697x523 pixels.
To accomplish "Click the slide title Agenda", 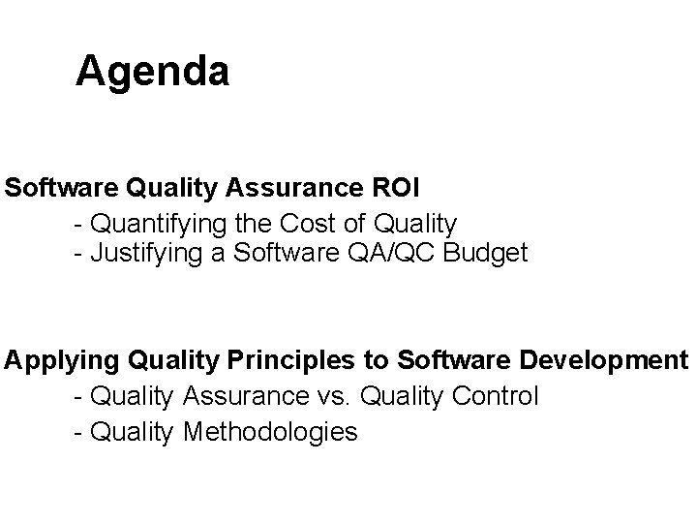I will (152, 72).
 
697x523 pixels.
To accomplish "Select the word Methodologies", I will (269, 431).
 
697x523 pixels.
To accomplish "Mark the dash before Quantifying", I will (77, 225).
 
